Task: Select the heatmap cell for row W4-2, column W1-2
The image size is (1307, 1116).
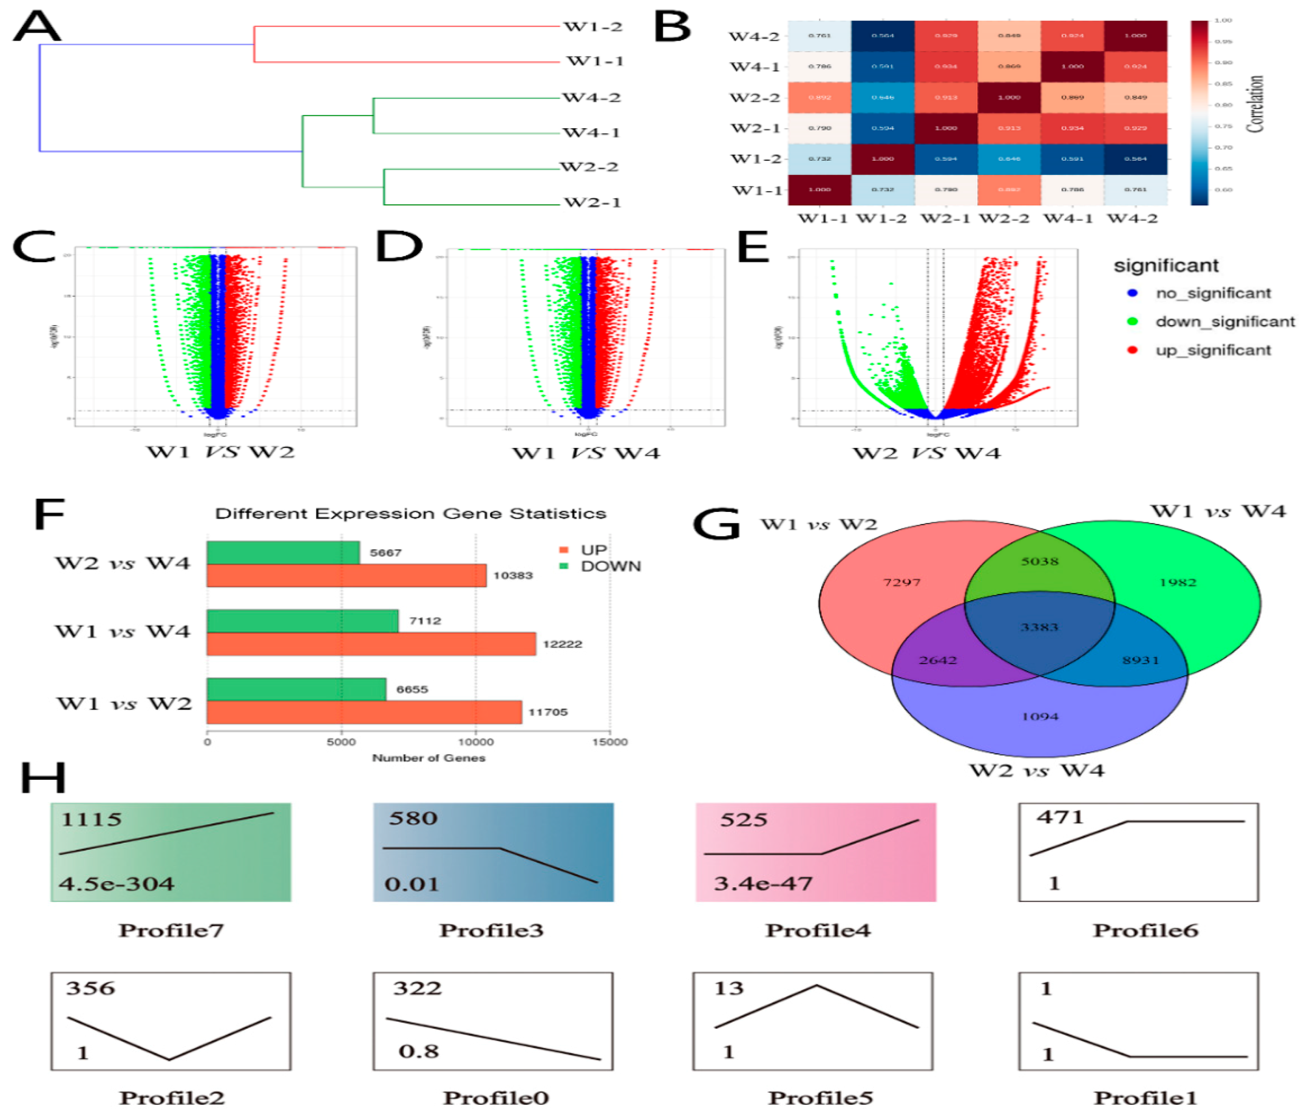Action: tap(882, 35)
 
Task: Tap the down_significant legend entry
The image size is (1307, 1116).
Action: tap(1224, 322)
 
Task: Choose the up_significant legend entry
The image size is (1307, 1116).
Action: tap(1213, 350)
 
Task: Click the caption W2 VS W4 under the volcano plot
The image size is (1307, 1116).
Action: tap(926, 453)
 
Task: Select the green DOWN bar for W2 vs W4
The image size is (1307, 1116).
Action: tap(283, 553)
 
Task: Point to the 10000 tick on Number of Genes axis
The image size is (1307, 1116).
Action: tap(476, 742)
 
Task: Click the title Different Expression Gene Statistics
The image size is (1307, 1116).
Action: tap(411, 513)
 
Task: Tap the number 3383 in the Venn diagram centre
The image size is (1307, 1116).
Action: tap(1039, 627)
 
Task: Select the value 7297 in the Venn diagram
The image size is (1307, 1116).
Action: tap(901, 582)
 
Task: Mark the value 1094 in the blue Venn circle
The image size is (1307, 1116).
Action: tap(1040, 716)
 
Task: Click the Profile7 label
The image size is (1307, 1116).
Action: tap(171, 930)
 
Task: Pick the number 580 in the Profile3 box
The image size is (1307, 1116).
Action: tap(413, 818)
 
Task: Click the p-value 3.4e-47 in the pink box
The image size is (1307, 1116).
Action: tap(763, 883)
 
